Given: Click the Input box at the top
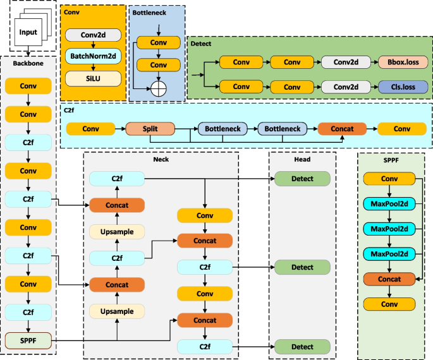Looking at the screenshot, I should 28,32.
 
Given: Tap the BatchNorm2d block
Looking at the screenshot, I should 94,57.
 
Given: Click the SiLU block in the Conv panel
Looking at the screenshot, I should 94,78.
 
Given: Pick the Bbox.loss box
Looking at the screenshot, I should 403,63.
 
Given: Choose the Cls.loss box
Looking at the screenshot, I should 403,87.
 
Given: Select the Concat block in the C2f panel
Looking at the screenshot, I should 341,129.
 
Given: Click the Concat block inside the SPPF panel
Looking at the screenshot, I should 389,279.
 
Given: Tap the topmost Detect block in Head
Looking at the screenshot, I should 302,179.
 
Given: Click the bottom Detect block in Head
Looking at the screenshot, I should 302,346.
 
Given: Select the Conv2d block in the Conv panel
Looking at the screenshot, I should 94,36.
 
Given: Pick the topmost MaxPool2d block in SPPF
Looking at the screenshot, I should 389,203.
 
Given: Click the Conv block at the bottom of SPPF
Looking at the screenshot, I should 389,304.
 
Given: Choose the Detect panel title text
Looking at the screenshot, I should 201,44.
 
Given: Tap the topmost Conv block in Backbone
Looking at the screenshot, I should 28,85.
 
